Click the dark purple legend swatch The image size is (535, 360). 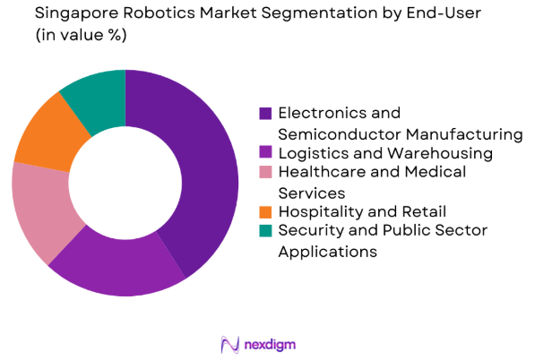pyautogui.click(x=265, y=114)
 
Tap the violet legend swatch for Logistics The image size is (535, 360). pyautogui.click(x=265, y=154)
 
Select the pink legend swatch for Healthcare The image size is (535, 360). pyautogui.click(x=265, y=173)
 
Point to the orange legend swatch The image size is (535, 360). pyautogui.click(x=265, y=213)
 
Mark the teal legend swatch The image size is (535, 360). pyautogui.click(x=265, y=232)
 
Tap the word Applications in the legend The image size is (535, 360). pyautogui.click(x=327, y=252)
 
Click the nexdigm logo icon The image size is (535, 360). pyautogui.click(x=228, y=343)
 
